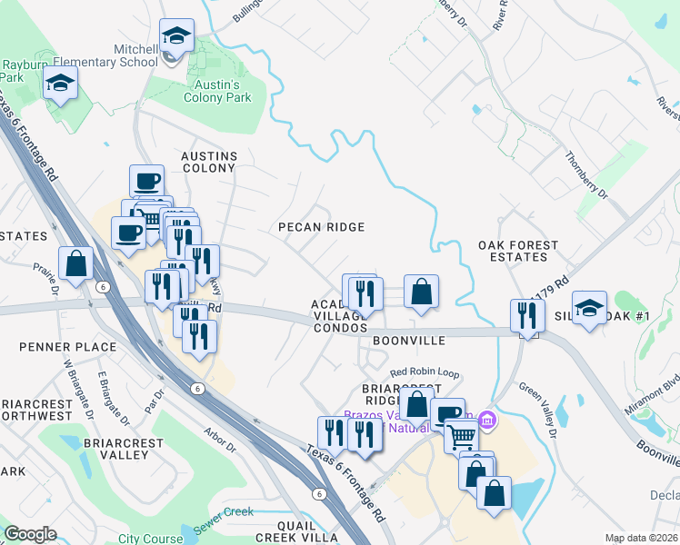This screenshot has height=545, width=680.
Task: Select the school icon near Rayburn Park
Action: [x=61, y=85]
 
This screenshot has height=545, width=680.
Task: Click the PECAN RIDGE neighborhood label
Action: [x=321, y=227]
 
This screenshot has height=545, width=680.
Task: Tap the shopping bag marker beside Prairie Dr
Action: [x=77, y=264]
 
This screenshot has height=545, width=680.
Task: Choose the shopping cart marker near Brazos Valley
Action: [x=462, y=438]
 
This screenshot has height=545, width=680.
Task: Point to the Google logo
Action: [x=30, y=534]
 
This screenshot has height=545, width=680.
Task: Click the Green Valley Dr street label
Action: [x=540, y=394]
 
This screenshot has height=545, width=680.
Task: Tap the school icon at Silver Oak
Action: [x=589, y=309]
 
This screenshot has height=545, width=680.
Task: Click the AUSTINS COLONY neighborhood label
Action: [x=209, y=162]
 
